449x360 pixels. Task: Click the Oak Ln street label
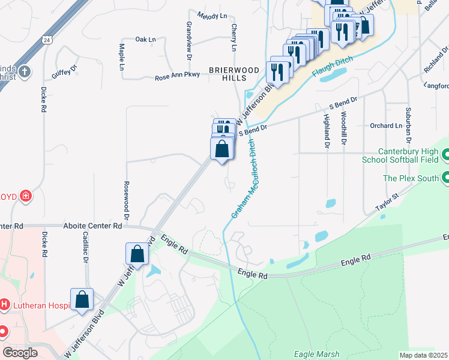tap(145, 40)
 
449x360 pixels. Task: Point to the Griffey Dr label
tap(65, 71)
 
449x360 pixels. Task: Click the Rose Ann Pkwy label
tap(176, 77)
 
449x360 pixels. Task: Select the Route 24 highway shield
tap(46, 40)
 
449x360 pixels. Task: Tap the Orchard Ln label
tap(385, 126)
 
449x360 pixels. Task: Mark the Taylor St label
tap(387, 201)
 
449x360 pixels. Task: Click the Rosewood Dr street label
tap(127, 199)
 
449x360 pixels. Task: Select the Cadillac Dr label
tap(86, 248)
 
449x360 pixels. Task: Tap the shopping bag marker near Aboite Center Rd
tap(137, 254)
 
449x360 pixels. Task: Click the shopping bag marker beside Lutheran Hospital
tap(82, 299)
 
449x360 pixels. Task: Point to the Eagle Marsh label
tap(316, 355)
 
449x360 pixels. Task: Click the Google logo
tap(20, 353)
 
